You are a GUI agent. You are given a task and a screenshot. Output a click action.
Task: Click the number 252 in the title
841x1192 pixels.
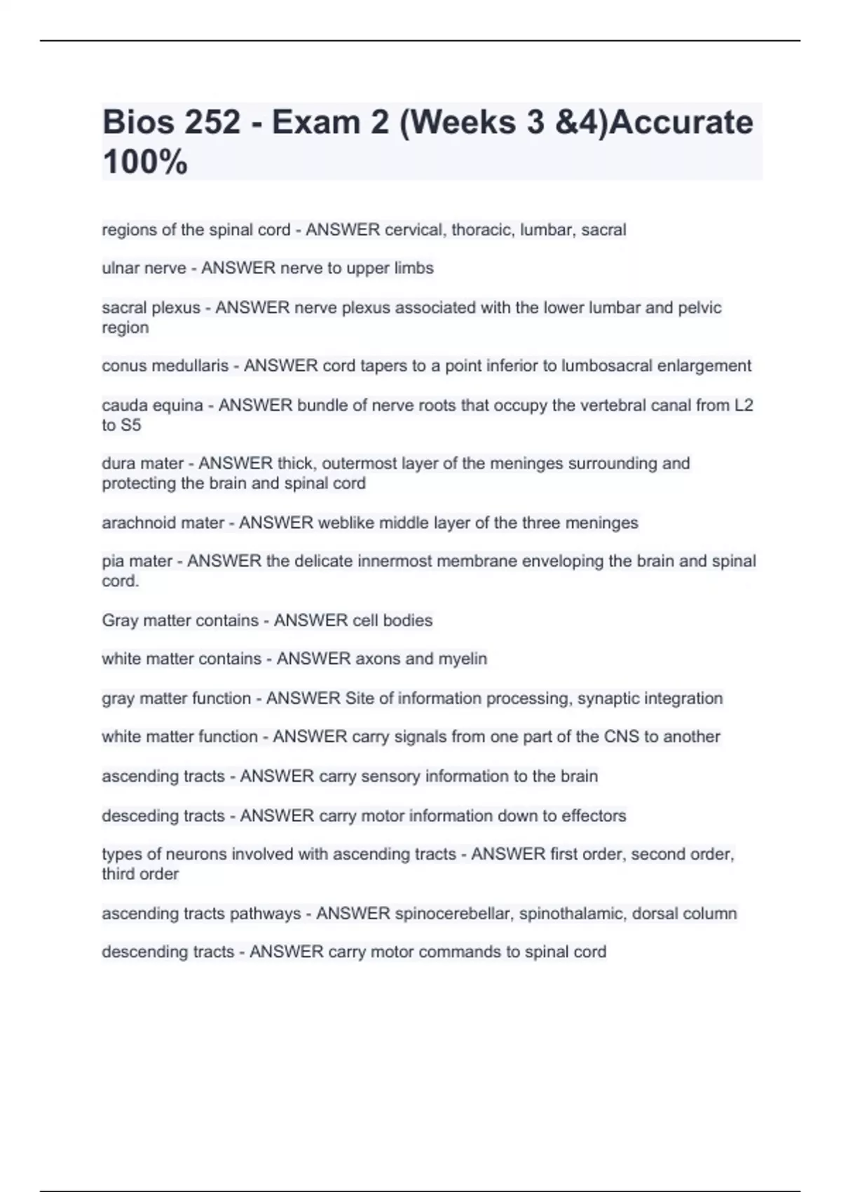click(212, 123)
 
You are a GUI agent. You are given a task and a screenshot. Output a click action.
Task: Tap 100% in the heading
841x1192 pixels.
click(145, 162)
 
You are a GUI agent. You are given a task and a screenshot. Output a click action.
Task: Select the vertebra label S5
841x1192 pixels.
click(131, 425)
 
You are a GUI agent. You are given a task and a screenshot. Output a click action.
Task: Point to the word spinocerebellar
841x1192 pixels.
click(453, 914)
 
